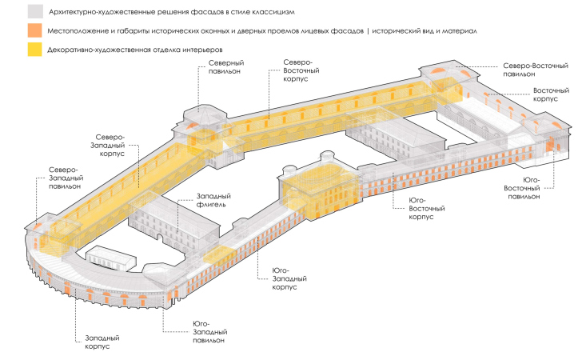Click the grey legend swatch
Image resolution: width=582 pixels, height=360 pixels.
pyautogui.click(x=34, y=12)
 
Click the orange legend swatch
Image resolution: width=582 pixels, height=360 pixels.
pyautogui.click(x=34, y=31)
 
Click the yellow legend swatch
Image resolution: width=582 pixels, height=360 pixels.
pyautogui.click(x=34, y=50)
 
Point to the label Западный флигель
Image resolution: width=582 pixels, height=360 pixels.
pyautogui.click(x=213, y=200)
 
